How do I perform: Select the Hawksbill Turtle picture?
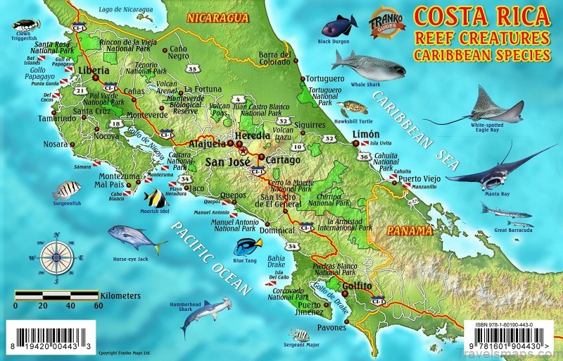pos(352,109)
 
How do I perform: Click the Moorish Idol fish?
pos(155,199)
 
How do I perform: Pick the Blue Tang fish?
pos(248,246)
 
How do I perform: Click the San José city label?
pos(224,161)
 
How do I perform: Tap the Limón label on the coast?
pos(367,134)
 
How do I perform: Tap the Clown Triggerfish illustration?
pos(27,25)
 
